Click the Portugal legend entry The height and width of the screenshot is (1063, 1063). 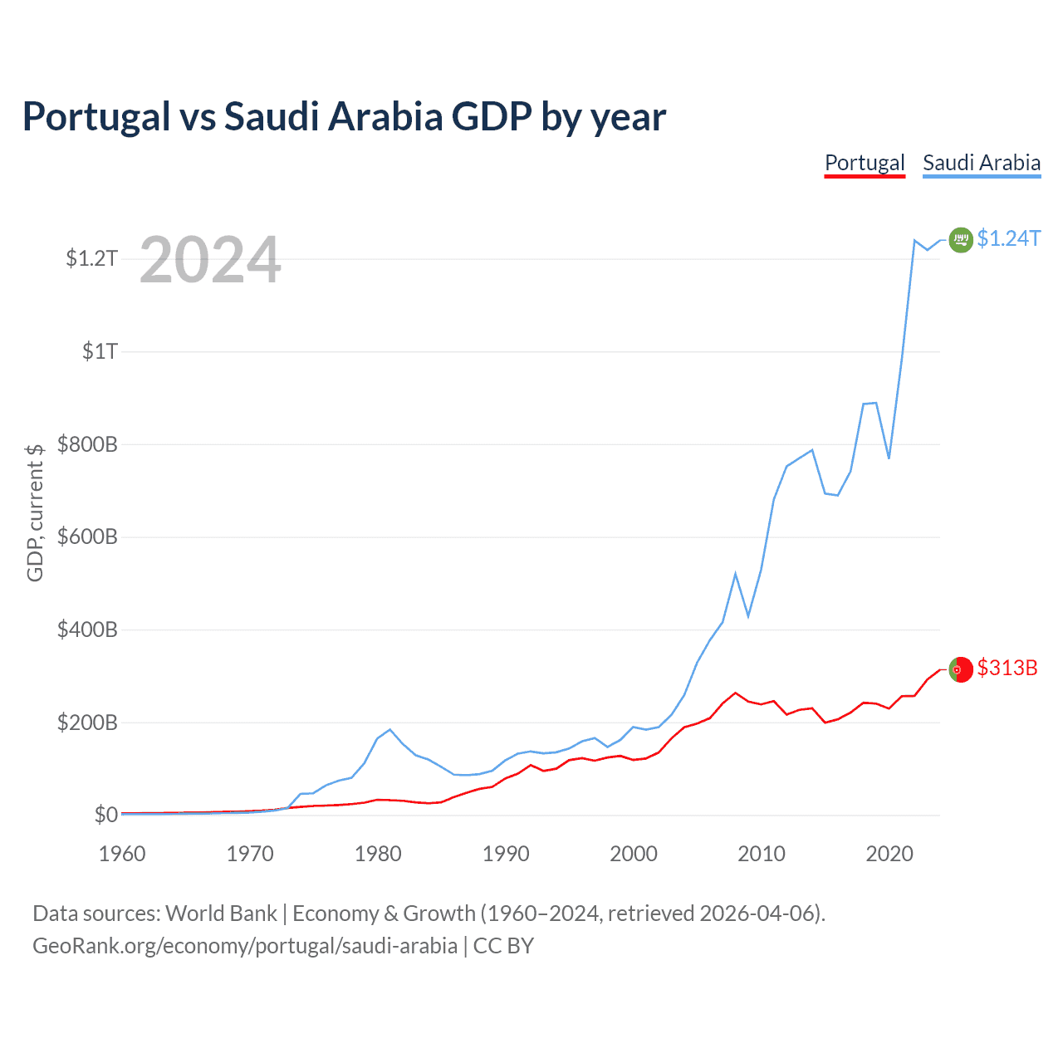[x=865, y=163]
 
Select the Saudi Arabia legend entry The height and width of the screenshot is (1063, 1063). [x=982, y=163]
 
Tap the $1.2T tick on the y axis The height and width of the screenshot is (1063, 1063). [x=92, y=258]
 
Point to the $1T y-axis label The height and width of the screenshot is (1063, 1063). [x=100, y=351]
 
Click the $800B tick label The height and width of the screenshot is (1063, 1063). [x=87, y=444]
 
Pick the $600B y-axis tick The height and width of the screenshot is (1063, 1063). [x=87, y=536]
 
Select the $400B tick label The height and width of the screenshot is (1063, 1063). [x=87, y=629]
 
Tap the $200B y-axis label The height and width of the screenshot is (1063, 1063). [x=87, y=723]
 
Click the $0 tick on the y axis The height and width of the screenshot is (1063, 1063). [x=105, y=815]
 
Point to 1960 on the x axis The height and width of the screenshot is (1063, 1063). [x=122, y=854]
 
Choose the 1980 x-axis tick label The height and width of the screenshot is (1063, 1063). [x=378, y=854]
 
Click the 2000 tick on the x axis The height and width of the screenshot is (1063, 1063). [x=634, y=854]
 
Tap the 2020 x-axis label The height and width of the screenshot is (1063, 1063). [x=889, y=854]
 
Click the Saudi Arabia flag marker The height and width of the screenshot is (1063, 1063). [x=961, y=240]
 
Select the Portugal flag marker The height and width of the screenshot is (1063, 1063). [x=961, y=669]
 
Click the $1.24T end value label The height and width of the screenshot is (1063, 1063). [x=1008, y=239]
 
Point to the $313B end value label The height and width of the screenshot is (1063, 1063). [x=1007, y=669]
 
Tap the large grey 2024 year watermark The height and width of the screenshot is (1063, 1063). [x=210, y=260]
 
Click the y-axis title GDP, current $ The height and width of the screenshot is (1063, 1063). [x=35, y=512]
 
